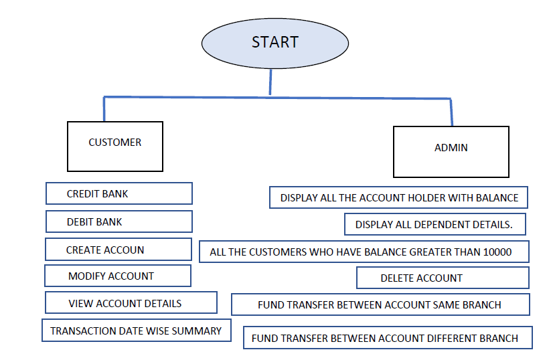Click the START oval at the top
pyautogui.click(x=274, y=43)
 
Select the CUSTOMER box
pyautogui.click(x=115, y=146)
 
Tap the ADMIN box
pyautogui.click(x=451, y=151)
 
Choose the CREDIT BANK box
pyautogui.click(x=119, y=194)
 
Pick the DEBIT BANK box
pyautogui.click(x=119, y=221)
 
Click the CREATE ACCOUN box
pyautogui.click(x=119, y=250)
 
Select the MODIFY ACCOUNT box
pyautogui.click(x=117, y=276)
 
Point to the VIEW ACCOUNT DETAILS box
pyautogui.click(x=131, y=303)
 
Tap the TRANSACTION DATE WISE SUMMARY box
pyautogui.click(x=136, y=331)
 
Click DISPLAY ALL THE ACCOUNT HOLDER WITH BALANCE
pyautogui.click(x=399, y=198)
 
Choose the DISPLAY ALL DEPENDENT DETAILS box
pyautogui.click(x=435, y=225)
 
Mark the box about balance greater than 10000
pyautogui.click(x=364, y=252)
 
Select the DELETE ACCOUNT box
pyautogui.click(x=442, y=278)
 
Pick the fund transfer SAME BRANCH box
pyautogui.click(x=380, y=304)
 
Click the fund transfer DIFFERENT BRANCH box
pyautogui.click(x=387, y=338)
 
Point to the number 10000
pyautogui.click(x=497, y=252)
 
